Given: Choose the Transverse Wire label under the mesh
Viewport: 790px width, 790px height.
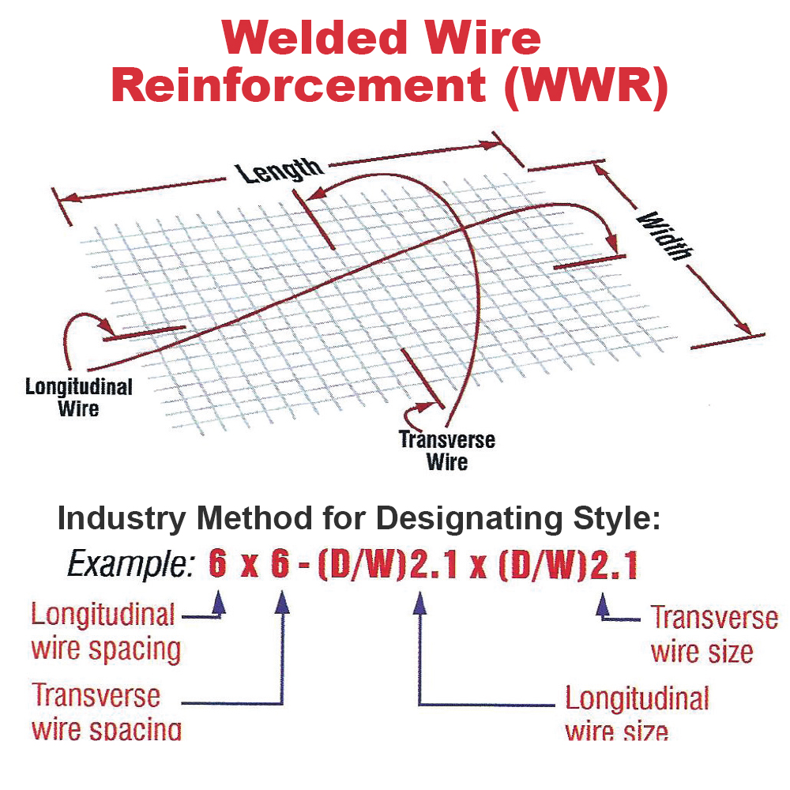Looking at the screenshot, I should coord(447,450).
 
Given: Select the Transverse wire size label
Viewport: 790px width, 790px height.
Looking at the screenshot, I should coord(712,634).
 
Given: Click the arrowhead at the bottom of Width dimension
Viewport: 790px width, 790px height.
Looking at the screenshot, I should coord(743,327).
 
